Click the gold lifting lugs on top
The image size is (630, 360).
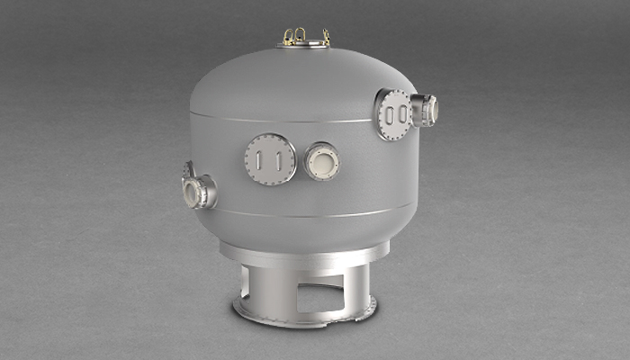point(305,36)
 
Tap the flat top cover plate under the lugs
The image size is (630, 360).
point(305,44)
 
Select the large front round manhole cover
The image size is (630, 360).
point(270,159)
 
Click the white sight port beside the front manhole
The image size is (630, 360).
point(321,162)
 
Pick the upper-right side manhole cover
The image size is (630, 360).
point(394,114)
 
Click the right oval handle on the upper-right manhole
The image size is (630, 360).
point(400,115)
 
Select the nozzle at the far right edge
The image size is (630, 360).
point(427,110)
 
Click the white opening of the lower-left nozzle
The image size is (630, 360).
point(192,192)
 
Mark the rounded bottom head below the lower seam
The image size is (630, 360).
point(297,231)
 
